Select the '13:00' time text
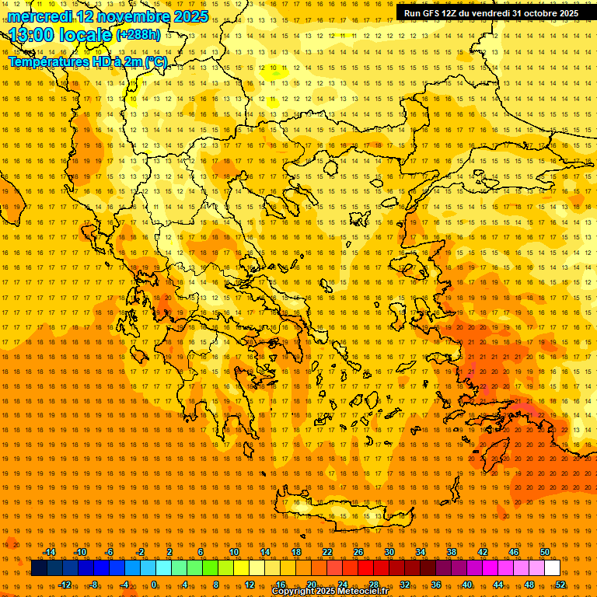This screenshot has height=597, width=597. tap(30, 36)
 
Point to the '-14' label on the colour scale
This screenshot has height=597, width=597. tap(49, 552)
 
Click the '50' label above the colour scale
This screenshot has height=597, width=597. tap(545, 552)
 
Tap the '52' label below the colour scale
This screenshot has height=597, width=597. tap(560, 585)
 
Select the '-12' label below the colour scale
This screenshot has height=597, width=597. tap(65, 585)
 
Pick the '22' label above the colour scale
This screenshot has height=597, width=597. tap(327, 552)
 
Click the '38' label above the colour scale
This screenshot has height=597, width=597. tap(452, 552)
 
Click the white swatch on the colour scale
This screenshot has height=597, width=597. tap(552, 568)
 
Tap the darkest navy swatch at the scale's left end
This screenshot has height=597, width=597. tap(39, 568)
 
